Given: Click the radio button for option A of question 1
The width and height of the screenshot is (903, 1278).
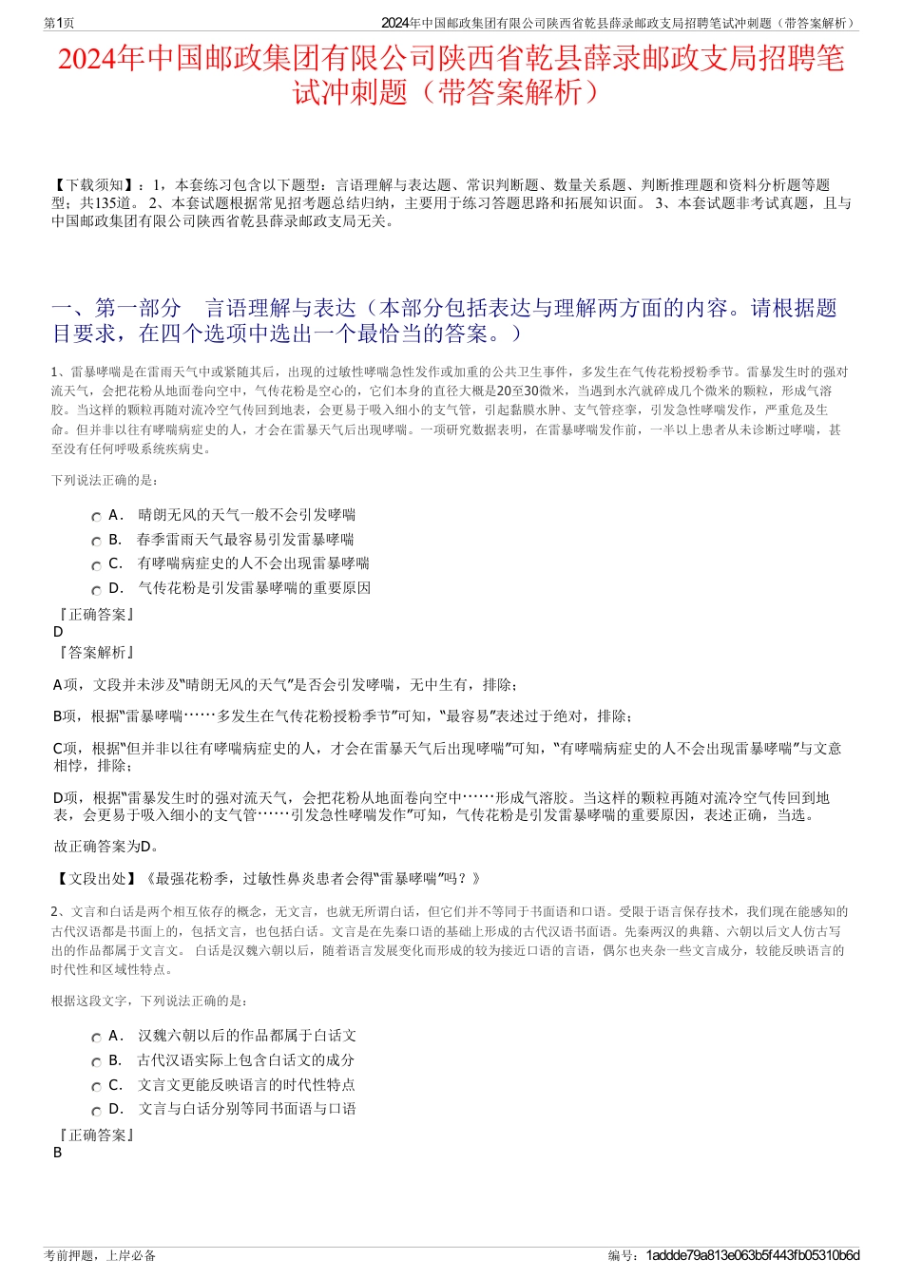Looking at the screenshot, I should click(96, 517).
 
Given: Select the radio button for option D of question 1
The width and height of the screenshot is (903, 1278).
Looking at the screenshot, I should click(96, 590).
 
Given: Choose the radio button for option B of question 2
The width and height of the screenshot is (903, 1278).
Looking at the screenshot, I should click(96, 1062).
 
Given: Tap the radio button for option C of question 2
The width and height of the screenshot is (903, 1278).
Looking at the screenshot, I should click(96, 1087).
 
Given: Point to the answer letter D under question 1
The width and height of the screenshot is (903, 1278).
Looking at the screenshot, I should click(58, 632).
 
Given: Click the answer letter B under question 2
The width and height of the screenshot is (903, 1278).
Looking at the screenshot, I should click(57, 1153).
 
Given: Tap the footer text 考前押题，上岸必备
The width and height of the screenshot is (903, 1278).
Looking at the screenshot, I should click(100, 1255).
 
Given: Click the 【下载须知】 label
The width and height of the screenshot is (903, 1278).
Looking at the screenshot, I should click(94, 185).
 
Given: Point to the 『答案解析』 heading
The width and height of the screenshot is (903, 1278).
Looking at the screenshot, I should click(95, 653).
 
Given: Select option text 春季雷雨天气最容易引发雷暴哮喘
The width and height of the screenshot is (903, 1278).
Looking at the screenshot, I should click(245, 540).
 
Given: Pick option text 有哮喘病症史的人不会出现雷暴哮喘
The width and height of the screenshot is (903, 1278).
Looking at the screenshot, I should click(253, 563).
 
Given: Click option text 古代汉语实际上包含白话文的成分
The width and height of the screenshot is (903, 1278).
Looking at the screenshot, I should click(245, 1060).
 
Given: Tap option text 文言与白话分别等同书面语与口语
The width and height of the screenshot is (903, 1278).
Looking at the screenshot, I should click(246, 1109).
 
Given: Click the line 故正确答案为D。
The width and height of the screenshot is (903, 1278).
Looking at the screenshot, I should click(107, 847).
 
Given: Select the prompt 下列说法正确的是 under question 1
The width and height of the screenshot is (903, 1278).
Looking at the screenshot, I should click(106, 481).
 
